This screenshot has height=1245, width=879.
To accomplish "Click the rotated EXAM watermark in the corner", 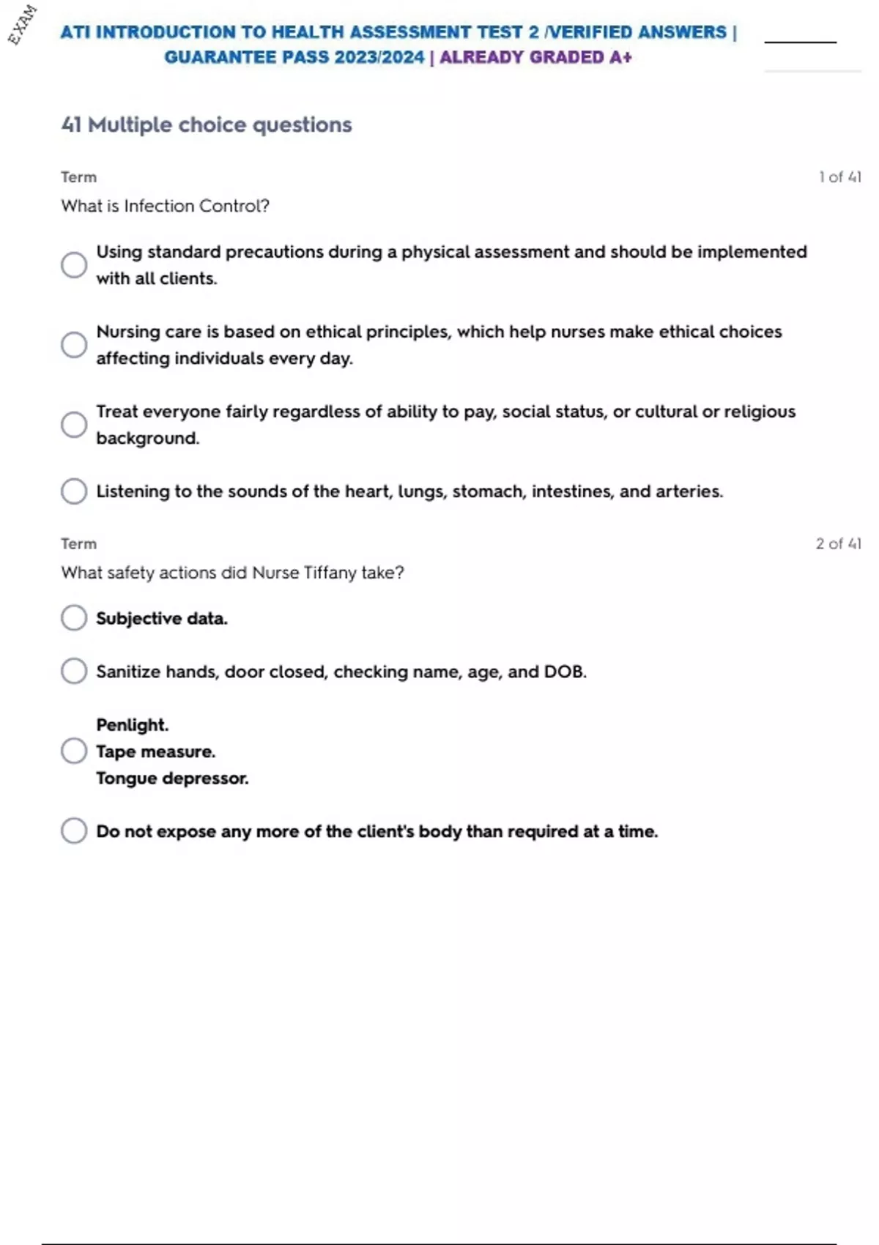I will click(22, 24).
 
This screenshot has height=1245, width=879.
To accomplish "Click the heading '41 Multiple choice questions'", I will click(207, 124).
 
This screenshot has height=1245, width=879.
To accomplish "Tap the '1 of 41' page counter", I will click(839, 177).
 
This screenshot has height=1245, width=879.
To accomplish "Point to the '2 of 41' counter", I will click(838, 543).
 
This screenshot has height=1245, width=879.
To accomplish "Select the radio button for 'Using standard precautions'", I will click(74, 265).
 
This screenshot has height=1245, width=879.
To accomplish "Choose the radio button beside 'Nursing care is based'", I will click(74, 344).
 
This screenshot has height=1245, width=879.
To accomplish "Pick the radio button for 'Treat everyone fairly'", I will click(74, 424).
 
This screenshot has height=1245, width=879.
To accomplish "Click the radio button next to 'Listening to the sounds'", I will click(74, 491).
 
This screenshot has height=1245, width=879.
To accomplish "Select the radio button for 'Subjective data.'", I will click(74, 617).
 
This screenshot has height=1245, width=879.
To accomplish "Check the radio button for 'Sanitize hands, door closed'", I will click(74, 671).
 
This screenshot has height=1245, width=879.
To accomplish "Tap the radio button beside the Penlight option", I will click(74, 751).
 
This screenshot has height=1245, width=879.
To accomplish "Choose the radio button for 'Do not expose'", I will click(74, 830).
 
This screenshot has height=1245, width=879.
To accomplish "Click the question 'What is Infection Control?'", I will click(165, 206).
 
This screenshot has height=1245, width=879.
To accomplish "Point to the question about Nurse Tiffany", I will click(232, 573).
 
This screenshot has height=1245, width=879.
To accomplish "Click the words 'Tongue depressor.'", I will click(172, 778).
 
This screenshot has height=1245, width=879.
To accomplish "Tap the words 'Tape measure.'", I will click(155, 751).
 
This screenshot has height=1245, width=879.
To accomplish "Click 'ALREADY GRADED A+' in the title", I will click(535, 57).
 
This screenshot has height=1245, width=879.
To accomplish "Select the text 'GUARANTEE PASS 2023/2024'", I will click(294, 57).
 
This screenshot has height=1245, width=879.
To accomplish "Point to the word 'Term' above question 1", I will click(78, 177).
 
